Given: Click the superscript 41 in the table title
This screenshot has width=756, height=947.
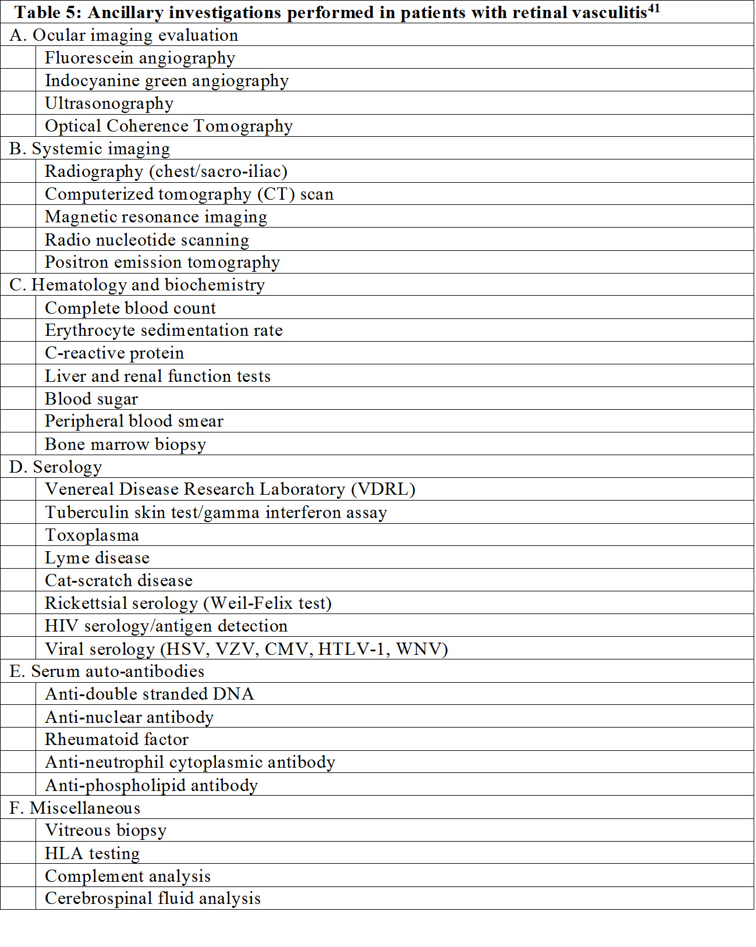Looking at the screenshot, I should (654, 8).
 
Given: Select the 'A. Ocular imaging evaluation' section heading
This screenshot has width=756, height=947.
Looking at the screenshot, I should (124, 35).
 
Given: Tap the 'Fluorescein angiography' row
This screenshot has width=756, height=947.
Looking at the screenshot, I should (140, 58).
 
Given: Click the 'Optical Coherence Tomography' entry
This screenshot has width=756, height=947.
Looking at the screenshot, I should (169, 126).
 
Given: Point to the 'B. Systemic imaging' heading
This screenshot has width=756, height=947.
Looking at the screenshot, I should (90, 148).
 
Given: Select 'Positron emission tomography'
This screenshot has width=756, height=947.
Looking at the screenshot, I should (162, 262).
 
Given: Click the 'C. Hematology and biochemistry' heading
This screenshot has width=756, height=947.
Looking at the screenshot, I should (137, 285).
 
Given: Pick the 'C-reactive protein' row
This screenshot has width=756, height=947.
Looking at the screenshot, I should (114, 353).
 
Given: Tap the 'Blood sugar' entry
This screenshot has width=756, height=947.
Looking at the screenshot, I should (91, 399).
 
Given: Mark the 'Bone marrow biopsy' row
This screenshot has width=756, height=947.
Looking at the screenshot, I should (125, 444).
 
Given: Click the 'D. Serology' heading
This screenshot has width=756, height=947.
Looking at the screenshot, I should (56, 467).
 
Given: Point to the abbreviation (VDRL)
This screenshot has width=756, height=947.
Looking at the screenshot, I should (383, 489).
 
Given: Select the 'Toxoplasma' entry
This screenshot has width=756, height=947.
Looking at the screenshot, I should (92, 535).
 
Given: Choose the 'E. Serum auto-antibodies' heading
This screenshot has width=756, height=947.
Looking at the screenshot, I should (107, 671).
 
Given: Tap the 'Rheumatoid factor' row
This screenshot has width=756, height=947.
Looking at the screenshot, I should (116, 739).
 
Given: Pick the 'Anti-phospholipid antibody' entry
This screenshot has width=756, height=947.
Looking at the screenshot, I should (151, 785).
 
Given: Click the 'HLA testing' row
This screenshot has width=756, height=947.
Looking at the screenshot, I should (92, 853).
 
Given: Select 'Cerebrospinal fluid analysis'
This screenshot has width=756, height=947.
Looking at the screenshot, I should (152, 898).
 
